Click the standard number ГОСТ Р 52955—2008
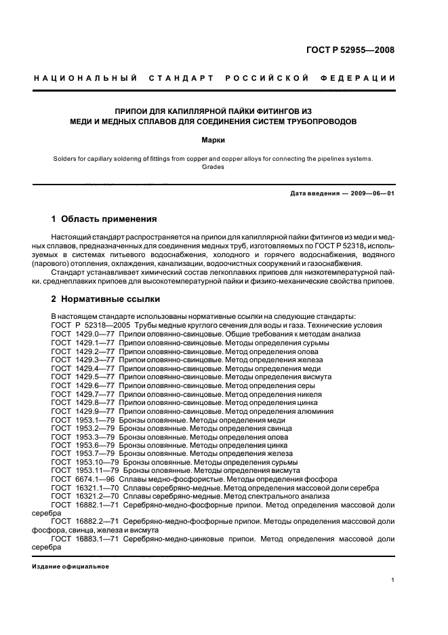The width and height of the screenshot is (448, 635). tap(350, 50)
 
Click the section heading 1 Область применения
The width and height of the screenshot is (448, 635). tap(104, 219)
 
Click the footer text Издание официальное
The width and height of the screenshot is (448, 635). tap(70, 566)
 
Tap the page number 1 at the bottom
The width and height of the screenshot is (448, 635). tap(393, 580)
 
